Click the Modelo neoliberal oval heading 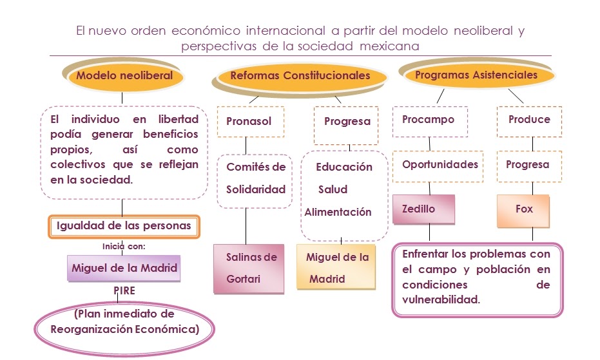click(124, 75)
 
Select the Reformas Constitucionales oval click(300, 76)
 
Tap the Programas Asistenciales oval click(476, 75)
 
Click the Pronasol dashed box click(249, 121)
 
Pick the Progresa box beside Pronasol click(347, 121)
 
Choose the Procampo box click(428, 120)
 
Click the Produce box click(529, 120)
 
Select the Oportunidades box click(440, 164)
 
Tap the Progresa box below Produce click(527, 165)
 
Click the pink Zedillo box click(423, 209)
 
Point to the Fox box click(523, 210)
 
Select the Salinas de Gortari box click(249, 268)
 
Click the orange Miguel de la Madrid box click(336, 268)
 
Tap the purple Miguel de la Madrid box click(124, 268)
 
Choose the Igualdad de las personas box click(124, 226)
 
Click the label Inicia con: click(124, 246)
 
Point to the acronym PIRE click(124, 290)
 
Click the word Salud click(333, 189)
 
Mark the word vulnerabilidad click(441, 300)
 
